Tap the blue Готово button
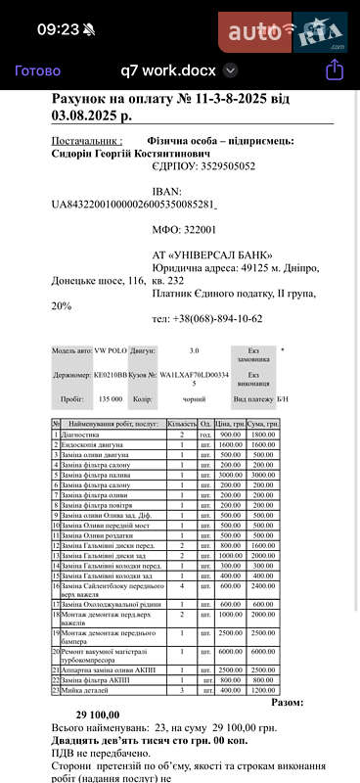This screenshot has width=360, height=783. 37,70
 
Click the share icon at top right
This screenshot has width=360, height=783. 334,69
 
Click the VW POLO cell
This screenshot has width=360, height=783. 110,350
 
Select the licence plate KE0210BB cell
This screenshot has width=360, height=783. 110,375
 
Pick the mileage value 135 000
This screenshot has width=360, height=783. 110,399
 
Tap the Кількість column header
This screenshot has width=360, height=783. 181,422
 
